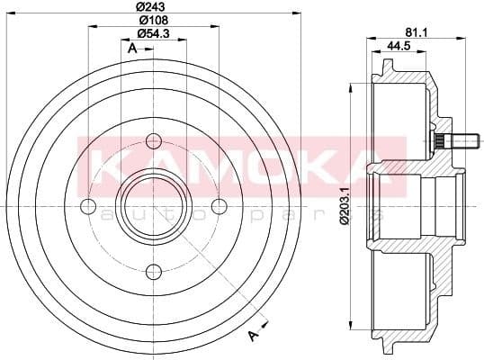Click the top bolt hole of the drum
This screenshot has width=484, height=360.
(x=153, y=140)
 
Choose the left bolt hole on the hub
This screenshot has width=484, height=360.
(x=88, y=206)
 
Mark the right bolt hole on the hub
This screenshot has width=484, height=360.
(x=219, y=206)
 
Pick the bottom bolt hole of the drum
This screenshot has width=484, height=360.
(x=153, y=271)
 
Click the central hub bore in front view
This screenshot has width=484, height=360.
(x=153, y=206)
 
